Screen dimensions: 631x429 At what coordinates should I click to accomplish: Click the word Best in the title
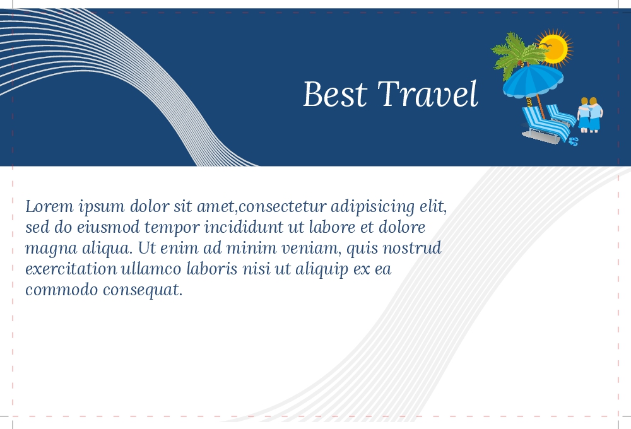(x=335, y=94)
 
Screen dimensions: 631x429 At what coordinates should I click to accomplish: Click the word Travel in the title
(x=428, y=94)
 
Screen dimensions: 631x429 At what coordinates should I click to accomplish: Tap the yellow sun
(x=555, y=48)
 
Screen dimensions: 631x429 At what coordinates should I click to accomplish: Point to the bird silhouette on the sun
(x=545, y=47)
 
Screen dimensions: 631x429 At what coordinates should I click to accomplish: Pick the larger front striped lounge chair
(x=543, y=125)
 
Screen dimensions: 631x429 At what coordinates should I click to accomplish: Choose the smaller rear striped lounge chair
(x=561, y=115)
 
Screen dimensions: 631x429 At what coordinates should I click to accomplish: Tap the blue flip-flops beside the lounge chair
(x=574, y=141)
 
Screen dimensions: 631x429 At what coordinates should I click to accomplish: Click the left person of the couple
(x=584, y=115)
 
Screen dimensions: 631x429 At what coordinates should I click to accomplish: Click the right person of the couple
(x=596, y=115)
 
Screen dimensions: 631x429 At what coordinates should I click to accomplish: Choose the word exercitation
(x=71, y=269)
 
